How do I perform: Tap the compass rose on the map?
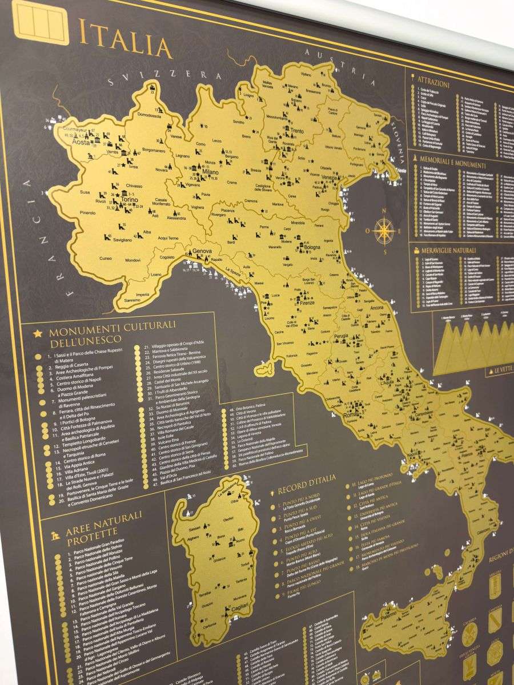pos(384,231)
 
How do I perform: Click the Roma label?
pos(351,415)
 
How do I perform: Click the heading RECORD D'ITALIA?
pos(307,483)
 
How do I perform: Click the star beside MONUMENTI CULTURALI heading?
pos(39,333)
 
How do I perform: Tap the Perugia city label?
pos(342,336)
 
